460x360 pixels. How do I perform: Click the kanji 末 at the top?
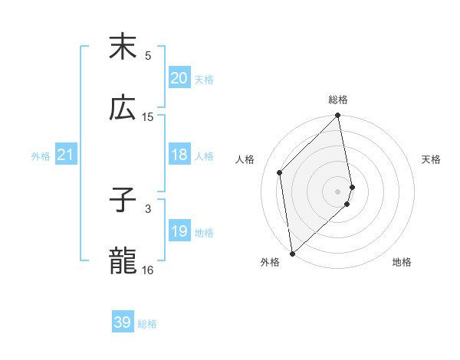[123, 47]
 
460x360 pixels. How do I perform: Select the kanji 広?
[123, 108]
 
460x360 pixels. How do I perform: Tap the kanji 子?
[123, 200]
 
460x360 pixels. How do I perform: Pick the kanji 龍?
[123, 261]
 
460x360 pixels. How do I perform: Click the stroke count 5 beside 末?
[148, 56]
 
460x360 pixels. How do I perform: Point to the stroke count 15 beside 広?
[148, 117]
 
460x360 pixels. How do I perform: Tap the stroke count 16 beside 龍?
[148, 270]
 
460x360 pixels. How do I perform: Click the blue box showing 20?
[179, 78]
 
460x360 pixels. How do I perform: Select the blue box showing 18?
[179, 155]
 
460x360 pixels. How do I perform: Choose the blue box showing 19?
[179, 231]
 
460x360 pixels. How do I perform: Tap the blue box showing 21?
[65, 155]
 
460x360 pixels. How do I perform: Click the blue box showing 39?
[122, 322]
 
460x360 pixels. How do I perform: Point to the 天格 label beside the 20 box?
[204, 79]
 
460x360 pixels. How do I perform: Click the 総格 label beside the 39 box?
[147, 324]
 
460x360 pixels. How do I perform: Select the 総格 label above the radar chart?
[338, 100]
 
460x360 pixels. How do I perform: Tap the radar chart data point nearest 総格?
[338, 116]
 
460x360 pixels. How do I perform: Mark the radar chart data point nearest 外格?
[291, 253]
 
